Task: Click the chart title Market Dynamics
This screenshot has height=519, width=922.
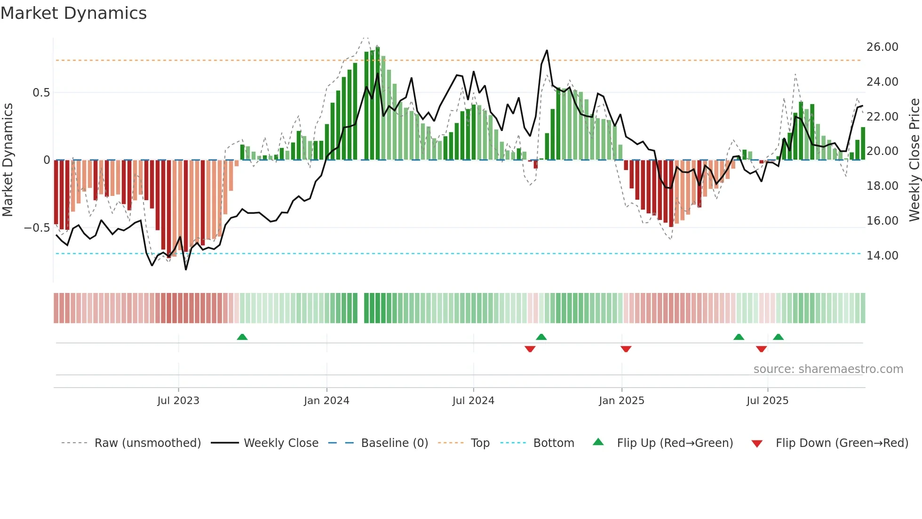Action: pos(73,13)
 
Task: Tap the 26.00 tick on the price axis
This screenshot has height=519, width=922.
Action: pos(882,47)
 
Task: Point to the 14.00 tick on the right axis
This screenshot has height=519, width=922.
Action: pos(882,255)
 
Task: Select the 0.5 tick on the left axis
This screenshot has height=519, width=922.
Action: pos(41,93)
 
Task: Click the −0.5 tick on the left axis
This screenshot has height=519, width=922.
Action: pos(37,228)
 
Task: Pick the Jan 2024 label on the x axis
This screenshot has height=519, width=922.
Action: pos(326,401)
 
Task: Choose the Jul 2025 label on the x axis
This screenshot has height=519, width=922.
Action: pos(767,401)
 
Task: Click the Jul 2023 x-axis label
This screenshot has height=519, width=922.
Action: pos(178,401)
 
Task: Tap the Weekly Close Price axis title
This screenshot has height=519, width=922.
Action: pos(914,160)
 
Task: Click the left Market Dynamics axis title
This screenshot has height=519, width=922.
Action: pos(8,160)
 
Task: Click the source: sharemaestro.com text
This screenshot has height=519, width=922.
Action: pos(828,369)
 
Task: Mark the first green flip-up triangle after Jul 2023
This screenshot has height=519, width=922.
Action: pos(242,337)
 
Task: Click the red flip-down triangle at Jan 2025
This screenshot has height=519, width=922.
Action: pos(626,349)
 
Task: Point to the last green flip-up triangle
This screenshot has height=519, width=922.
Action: pos(778,337)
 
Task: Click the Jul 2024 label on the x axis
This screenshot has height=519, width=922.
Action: pos(473,401)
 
